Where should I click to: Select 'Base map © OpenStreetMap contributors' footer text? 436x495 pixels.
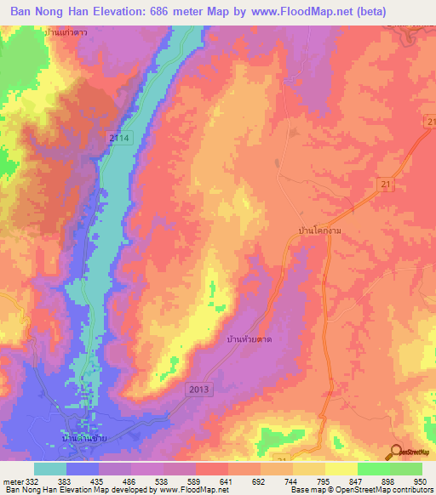361,491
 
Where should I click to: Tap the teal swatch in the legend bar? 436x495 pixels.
50,469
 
